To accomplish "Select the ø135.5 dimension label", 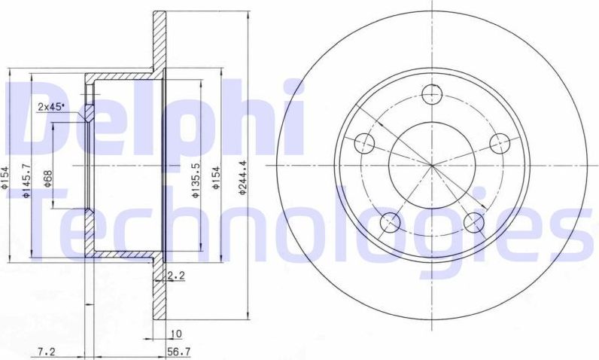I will click(x=195, y=180).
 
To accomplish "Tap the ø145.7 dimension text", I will click(x=26, y=180).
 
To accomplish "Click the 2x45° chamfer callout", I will click(x=51, y=106).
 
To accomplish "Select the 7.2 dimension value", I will click(x=47, y=350).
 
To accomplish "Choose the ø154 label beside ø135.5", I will click(x=216, y=180).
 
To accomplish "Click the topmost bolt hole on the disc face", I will click(x=431, y=94).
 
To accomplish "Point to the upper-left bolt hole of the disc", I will click(x=363, y=142).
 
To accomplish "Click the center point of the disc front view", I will click(x=431, y=164).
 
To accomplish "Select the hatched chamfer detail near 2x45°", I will click(x=89, y=114).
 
